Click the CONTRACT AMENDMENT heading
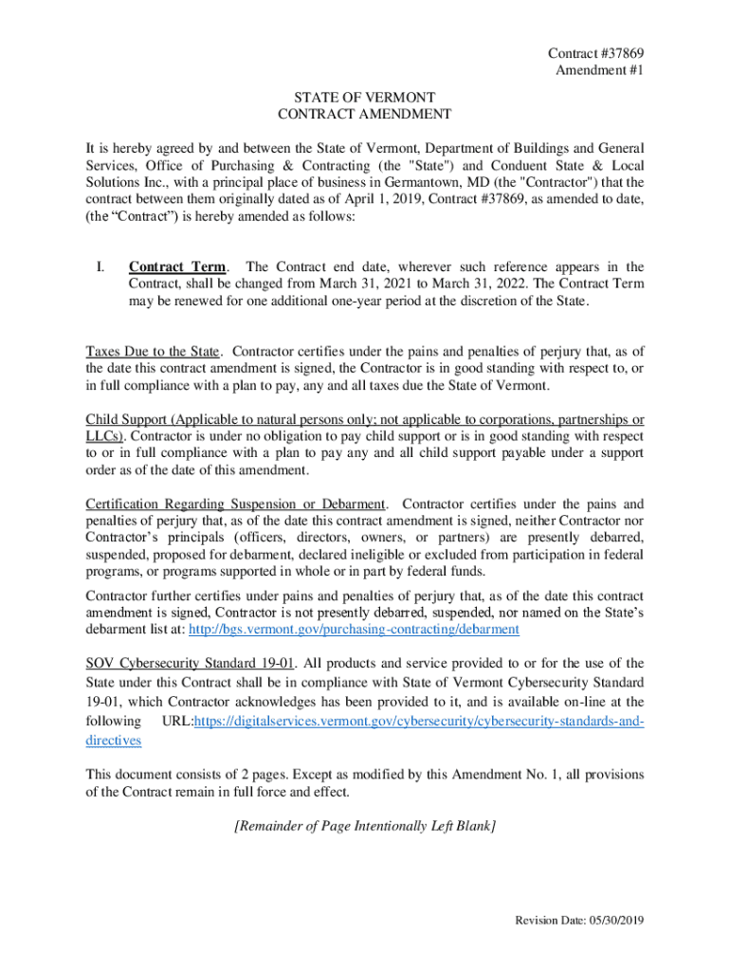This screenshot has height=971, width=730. coord(364,115)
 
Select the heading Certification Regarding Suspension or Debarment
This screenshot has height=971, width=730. coord(236,504)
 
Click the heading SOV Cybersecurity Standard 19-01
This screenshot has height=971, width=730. coord(186,664)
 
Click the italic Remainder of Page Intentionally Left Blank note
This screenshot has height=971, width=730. coord(364,827)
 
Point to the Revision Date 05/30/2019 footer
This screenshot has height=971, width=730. coord(578,921)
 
